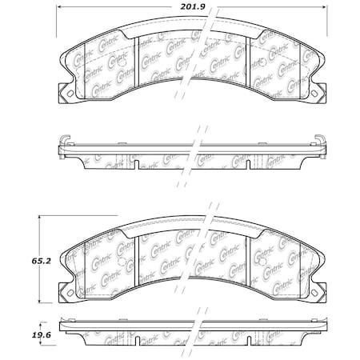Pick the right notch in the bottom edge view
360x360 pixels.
[247, 346]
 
